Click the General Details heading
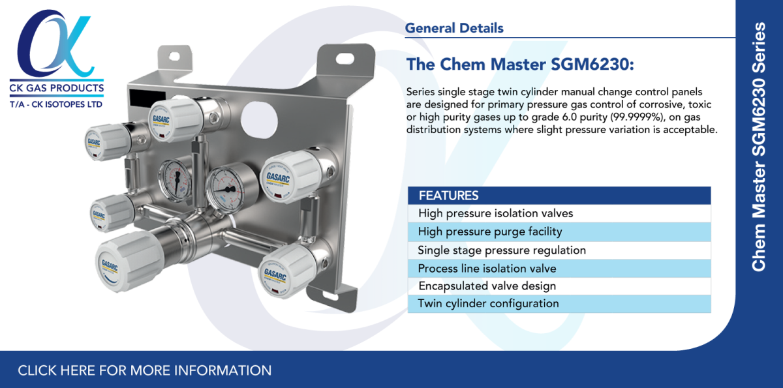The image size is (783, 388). pyautogui.click(x=454, y=29)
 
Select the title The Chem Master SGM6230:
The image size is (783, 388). pyautogui.click(x=520, y=65)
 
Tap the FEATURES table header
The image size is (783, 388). pyautogui.click(x=449, y=196)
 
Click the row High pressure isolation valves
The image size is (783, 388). pyautogui.click(x=496, y=213)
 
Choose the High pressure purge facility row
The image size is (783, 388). pyautogui.click(x=490, y=231)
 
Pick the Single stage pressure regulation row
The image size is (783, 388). pyautogui.click(x=502, y=250)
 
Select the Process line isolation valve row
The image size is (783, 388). pyautogui.click(x=487, y=269)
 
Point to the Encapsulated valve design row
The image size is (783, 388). pyautogui.click(x=487, y=286)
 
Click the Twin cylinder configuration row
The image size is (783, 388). pyautogui.click(x=488, y=303)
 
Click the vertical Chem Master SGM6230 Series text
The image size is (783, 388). pyautogui.click(x=759, y=147)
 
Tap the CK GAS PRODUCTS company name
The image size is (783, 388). pyautogui.click(x=56, y=88)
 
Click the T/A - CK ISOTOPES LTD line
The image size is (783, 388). pyautogui.click(x=56, y=104)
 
